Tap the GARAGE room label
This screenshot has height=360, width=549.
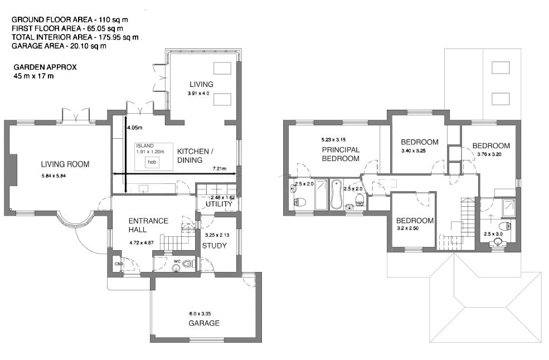click(x=203, y=323)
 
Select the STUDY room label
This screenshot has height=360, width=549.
click(x=215, y=246)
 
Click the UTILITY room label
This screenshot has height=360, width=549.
click(x=218, y=205)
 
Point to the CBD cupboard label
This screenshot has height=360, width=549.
click(x=118, y=264)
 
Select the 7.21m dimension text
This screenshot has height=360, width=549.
click(x=219, y=168)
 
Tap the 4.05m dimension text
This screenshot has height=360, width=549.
click(x=134, y=128)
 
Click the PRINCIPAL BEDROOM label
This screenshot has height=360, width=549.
click(x=341, y=154)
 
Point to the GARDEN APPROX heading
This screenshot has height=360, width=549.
click(x=45, y=67)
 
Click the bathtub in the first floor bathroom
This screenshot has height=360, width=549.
click(x=337, y=194)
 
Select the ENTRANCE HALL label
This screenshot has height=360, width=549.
click(x=148, y=225)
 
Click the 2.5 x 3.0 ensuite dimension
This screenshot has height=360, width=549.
click(x=493, y=234)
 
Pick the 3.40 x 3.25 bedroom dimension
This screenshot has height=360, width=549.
click(x=413, y=151)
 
